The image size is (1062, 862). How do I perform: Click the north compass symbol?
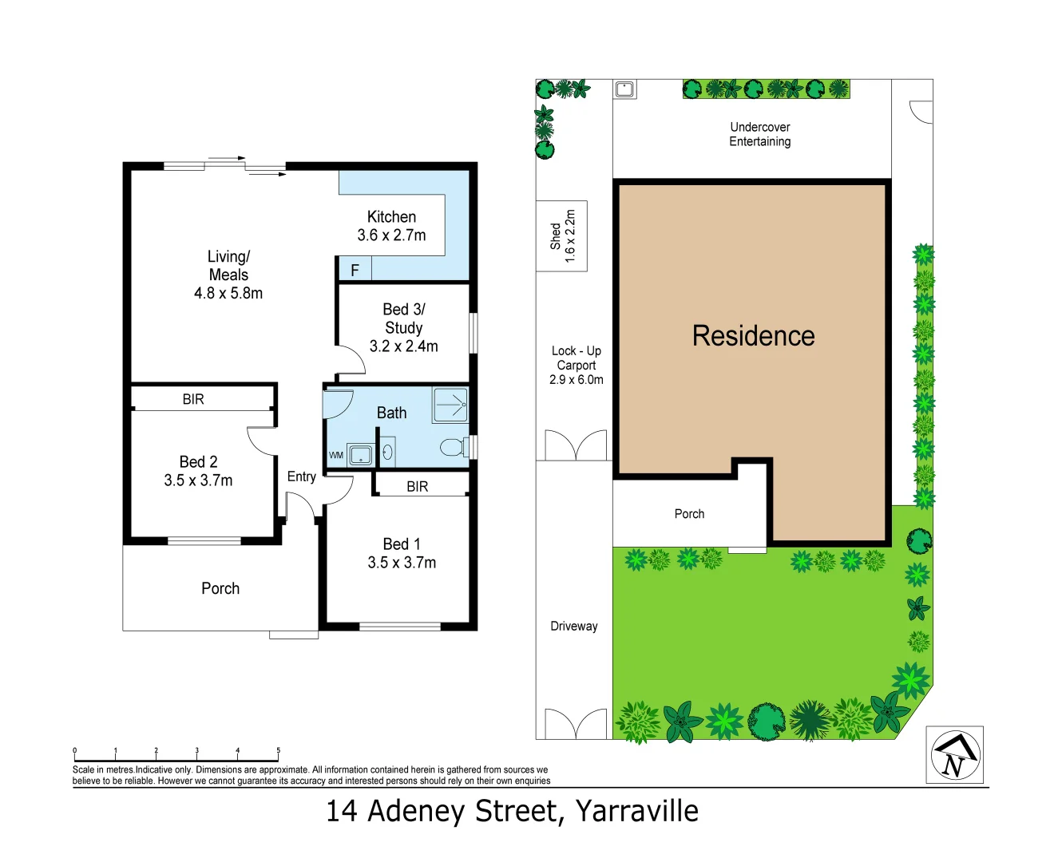coord(954,755)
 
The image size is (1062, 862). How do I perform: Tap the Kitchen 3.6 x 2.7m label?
coord(391,226)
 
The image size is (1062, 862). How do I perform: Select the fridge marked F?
coord(355,270)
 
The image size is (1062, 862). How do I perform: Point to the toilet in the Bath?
coord(453,447)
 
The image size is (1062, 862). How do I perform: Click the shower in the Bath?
coord(450,405)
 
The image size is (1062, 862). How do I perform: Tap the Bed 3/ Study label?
coord(403,327)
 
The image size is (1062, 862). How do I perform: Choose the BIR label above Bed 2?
coord(193,399)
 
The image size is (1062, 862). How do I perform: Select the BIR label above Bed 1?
coord(417,486)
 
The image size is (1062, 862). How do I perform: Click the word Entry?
coord(301,476)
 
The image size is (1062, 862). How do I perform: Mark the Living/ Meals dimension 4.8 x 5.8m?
coord(228,293)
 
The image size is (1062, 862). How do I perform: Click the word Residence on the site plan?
coord(753,336)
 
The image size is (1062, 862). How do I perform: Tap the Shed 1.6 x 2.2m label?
coord(562,236)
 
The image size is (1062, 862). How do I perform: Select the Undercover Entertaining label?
coord(759,134)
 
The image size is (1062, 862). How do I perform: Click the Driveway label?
coord(573,626)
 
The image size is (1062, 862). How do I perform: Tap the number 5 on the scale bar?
coord(279,750)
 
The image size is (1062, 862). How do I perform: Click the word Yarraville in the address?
coord(636,811)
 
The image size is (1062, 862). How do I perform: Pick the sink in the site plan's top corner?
coord(624,89)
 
